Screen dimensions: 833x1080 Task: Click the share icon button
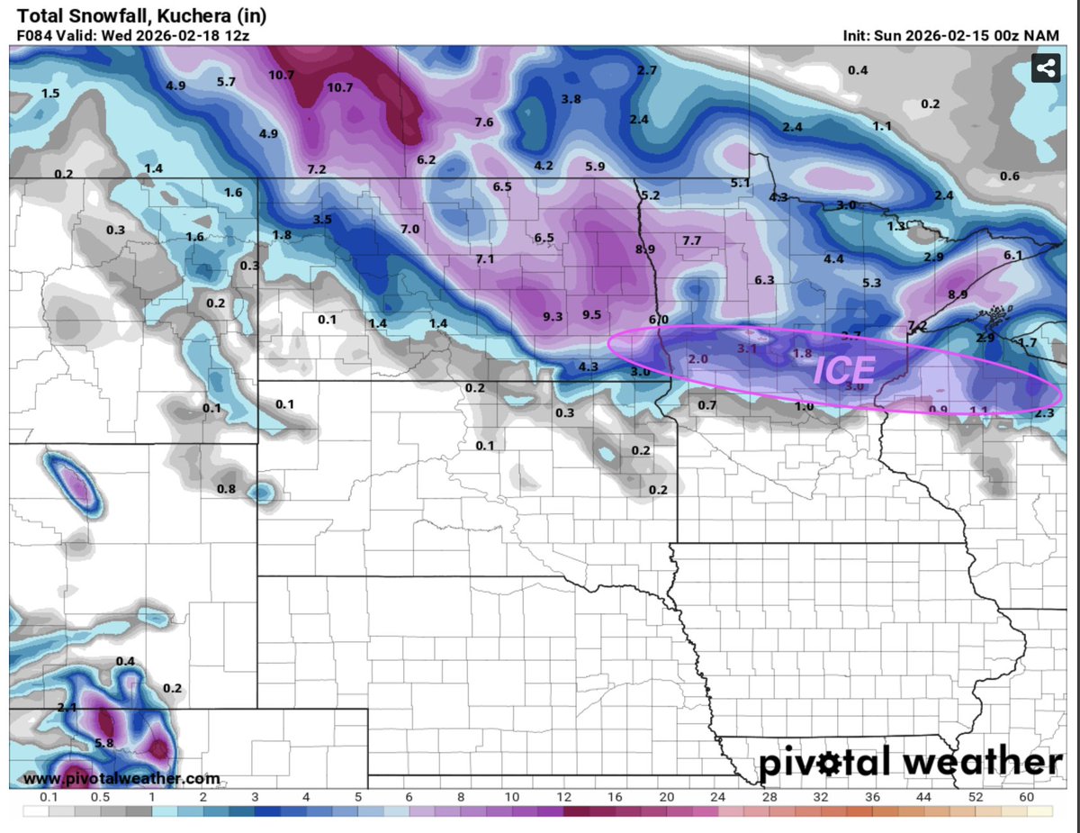click(x=1045, y=68)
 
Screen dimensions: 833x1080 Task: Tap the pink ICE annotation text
click(x=843, y=371)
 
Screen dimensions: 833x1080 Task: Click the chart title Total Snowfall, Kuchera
click(x=142, y=15)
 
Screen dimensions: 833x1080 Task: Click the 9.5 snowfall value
click(x=591, y=314)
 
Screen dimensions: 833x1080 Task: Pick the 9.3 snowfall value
click(x=553, y=316)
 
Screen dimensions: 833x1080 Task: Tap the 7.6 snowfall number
click(x=483, y=122)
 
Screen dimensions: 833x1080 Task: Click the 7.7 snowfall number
click(x=691, y=240)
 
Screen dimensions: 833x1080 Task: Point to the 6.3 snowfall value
click(x=765, y=280)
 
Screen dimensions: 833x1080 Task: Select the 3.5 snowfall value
click(x=322, y=220)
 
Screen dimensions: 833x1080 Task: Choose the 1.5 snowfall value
click(x=50, y=94)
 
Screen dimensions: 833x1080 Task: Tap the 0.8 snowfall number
click(x=226, y=489)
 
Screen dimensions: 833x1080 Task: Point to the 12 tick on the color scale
click(x=564, y=797)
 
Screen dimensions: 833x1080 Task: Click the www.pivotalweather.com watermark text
click(x=121, y=778)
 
